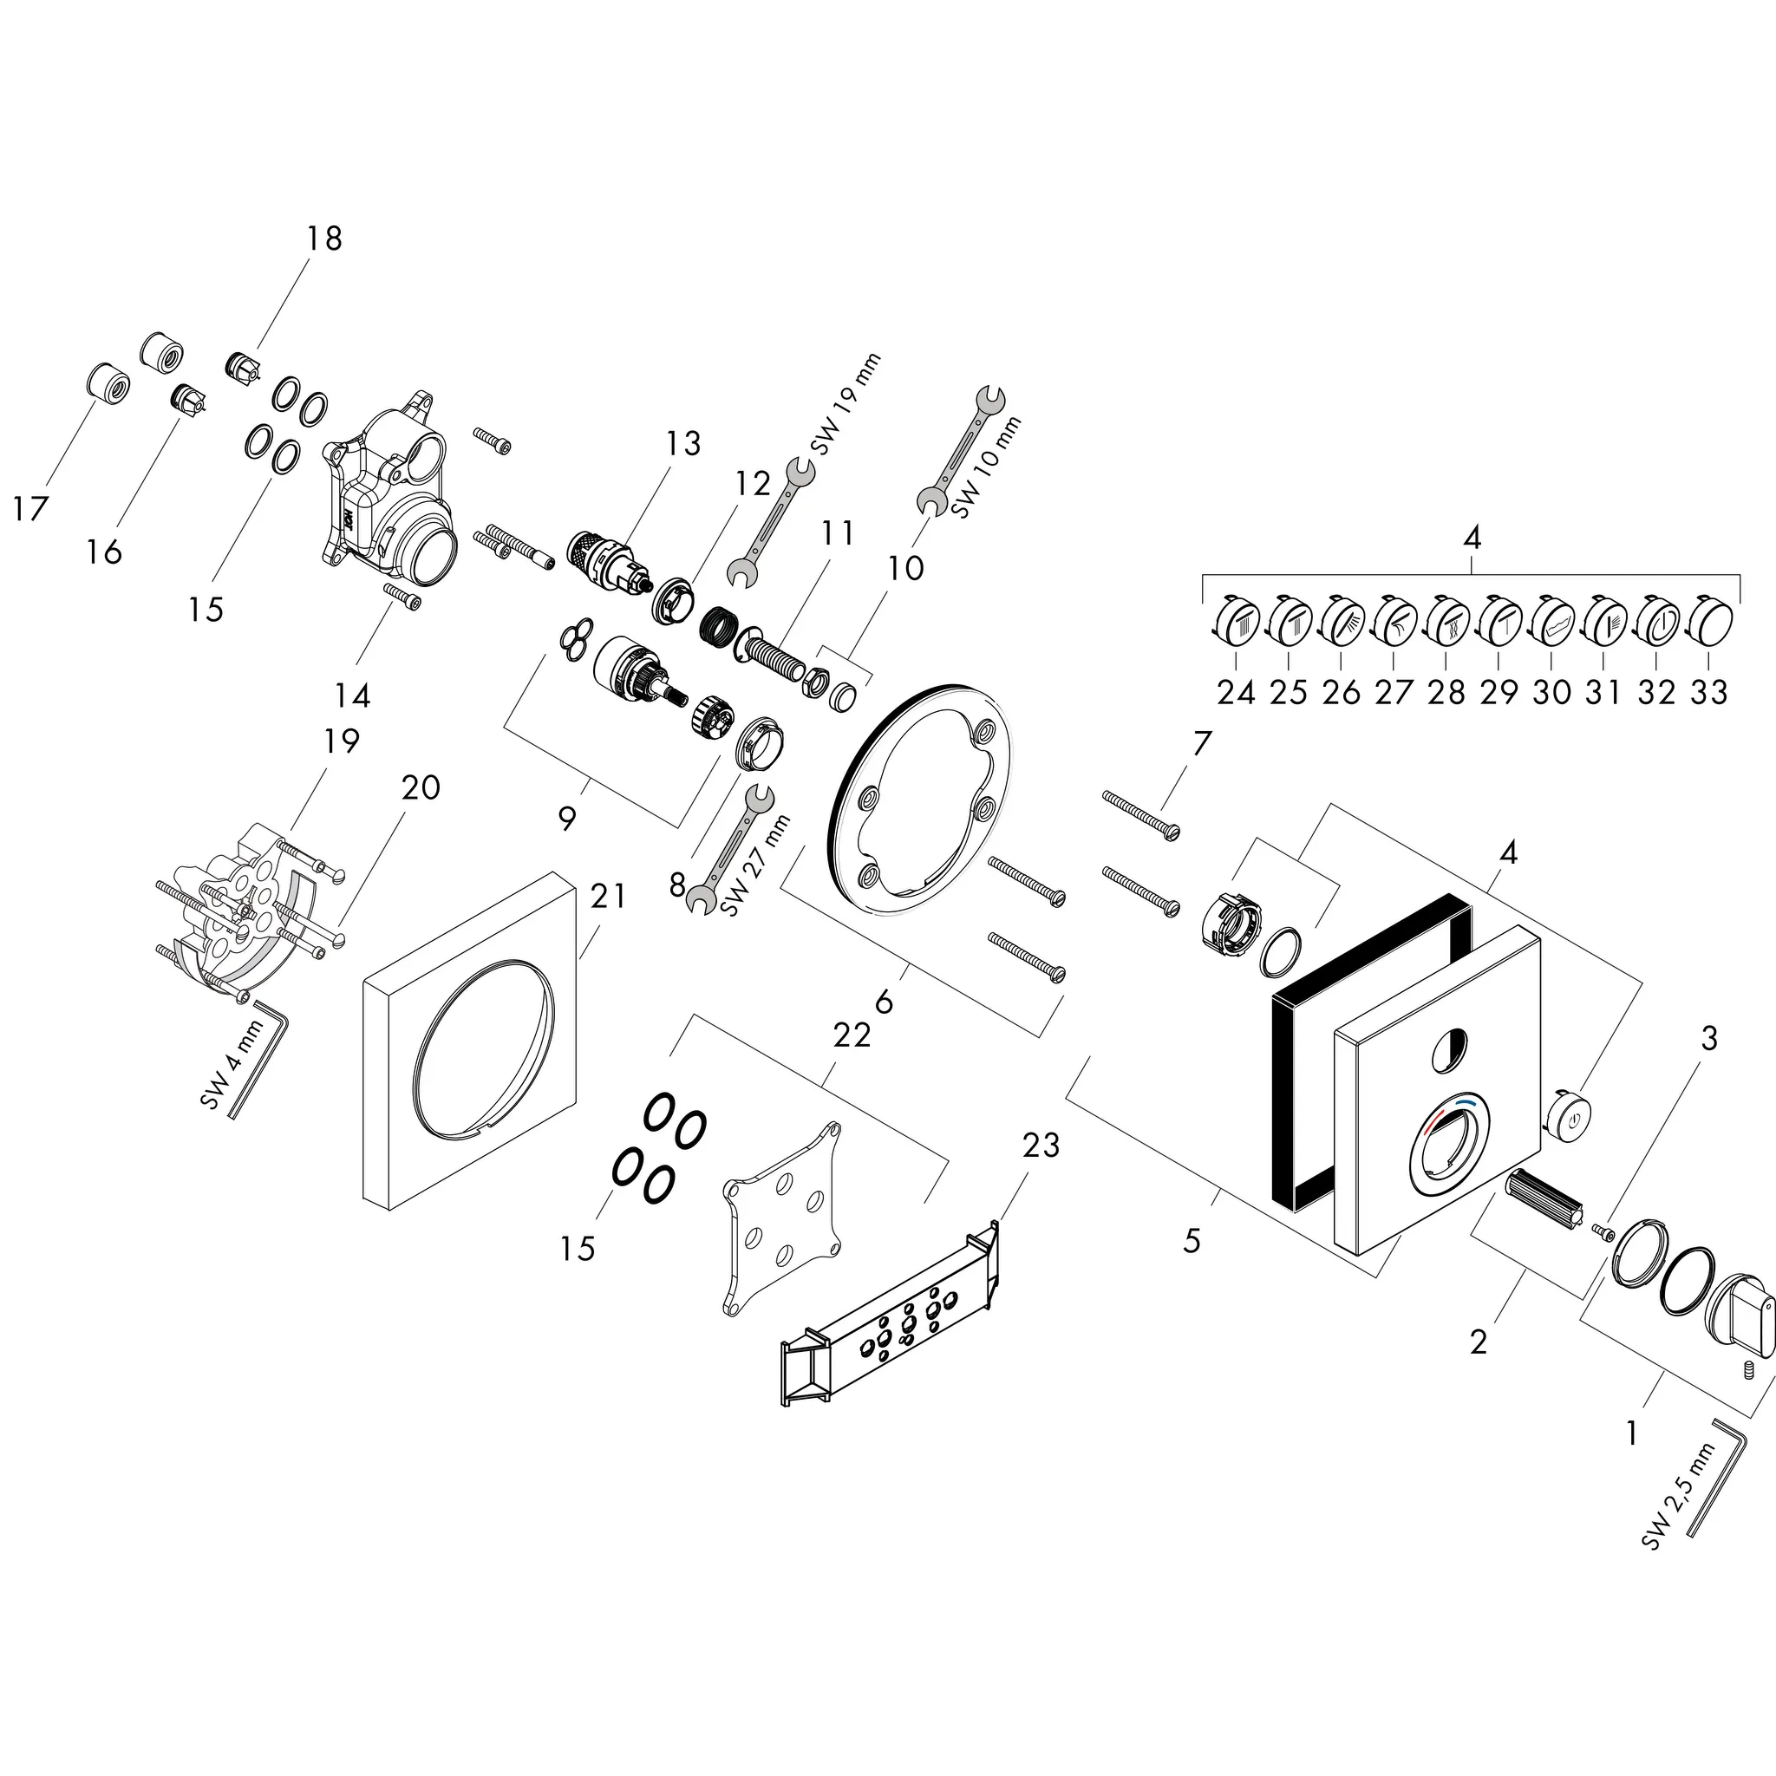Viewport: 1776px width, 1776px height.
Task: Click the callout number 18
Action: coord(324,239)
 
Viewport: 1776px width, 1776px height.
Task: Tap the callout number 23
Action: coord(1041,1145)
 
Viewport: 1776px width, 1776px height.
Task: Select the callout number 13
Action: coord(683,444)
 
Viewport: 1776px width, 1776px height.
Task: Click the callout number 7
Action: coord(1203,743)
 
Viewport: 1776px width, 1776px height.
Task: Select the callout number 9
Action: coord(567,817)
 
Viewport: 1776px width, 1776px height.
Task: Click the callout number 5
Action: coord(1192,1242)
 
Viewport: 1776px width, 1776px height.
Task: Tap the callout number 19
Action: coord(341,741)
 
